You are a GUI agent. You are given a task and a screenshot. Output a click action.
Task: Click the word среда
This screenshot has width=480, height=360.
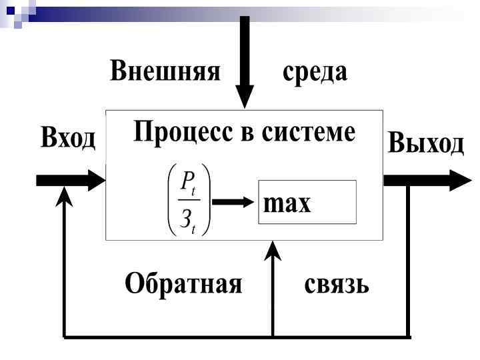315,71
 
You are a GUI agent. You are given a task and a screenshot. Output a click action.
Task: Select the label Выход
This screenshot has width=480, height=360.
425,143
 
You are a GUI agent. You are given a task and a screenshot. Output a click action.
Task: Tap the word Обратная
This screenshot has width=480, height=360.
183,285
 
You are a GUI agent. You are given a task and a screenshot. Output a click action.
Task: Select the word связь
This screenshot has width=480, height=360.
337,285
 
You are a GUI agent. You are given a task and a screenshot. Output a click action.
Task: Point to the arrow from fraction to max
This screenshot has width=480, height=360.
233,202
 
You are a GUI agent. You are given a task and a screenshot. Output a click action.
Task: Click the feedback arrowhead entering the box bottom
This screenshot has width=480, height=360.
273,250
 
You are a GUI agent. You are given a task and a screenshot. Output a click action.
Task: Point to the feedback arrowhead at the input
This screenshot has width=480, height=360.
64,195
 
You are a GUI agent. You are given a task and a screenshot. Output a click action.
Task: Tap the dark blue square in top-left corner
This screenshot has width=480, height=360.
11,9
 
